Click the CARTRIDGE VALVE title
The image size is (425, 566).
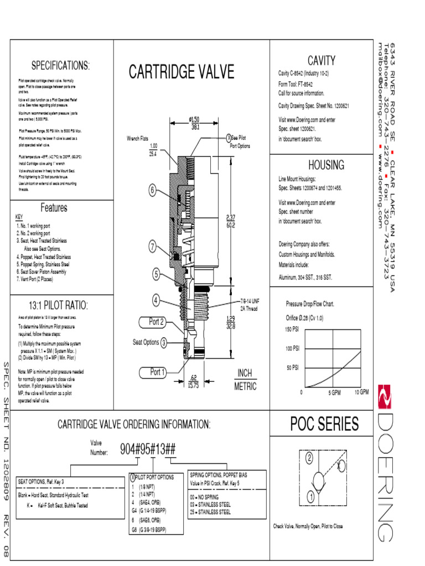click(x=182, y=72)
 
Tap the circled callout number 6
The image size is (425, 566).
click(x=152, y=191)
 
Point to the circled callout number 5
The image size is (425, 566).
click(x=157, y=274)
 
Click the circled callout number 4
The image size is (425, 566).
click(x=157, y=300)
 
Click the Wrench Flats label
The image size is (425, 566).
click(x=137, y=139)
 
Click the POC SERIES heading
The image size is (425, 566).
click(x=324, y=424)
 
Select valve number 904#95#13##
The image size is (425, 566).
click(x=148, y=449)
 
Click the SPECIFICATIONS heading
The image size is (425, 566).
click(x=60, y=66)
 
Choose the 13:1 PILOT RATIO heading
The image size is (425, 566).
click(x=58, y=306)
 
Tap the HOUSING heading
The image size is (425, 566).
click(x=326, y=165)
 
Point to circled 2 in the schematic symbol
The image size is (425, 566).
click(x=310, y=458)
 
